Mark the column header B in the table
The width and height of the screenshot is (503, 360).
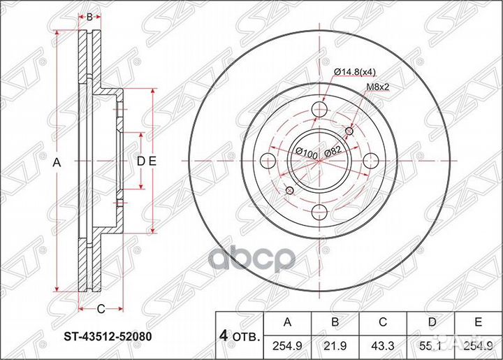335,322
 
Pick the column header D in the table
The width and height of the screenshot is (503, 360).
430,322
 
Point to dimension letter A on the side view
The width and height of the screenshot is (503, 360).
57,161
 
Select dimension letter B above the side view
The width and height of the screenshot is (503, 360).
89,15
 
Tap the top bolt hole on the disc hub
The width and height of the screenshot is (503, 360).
319,108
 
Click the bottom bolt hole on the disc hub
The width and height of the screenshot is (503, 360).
319,213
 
